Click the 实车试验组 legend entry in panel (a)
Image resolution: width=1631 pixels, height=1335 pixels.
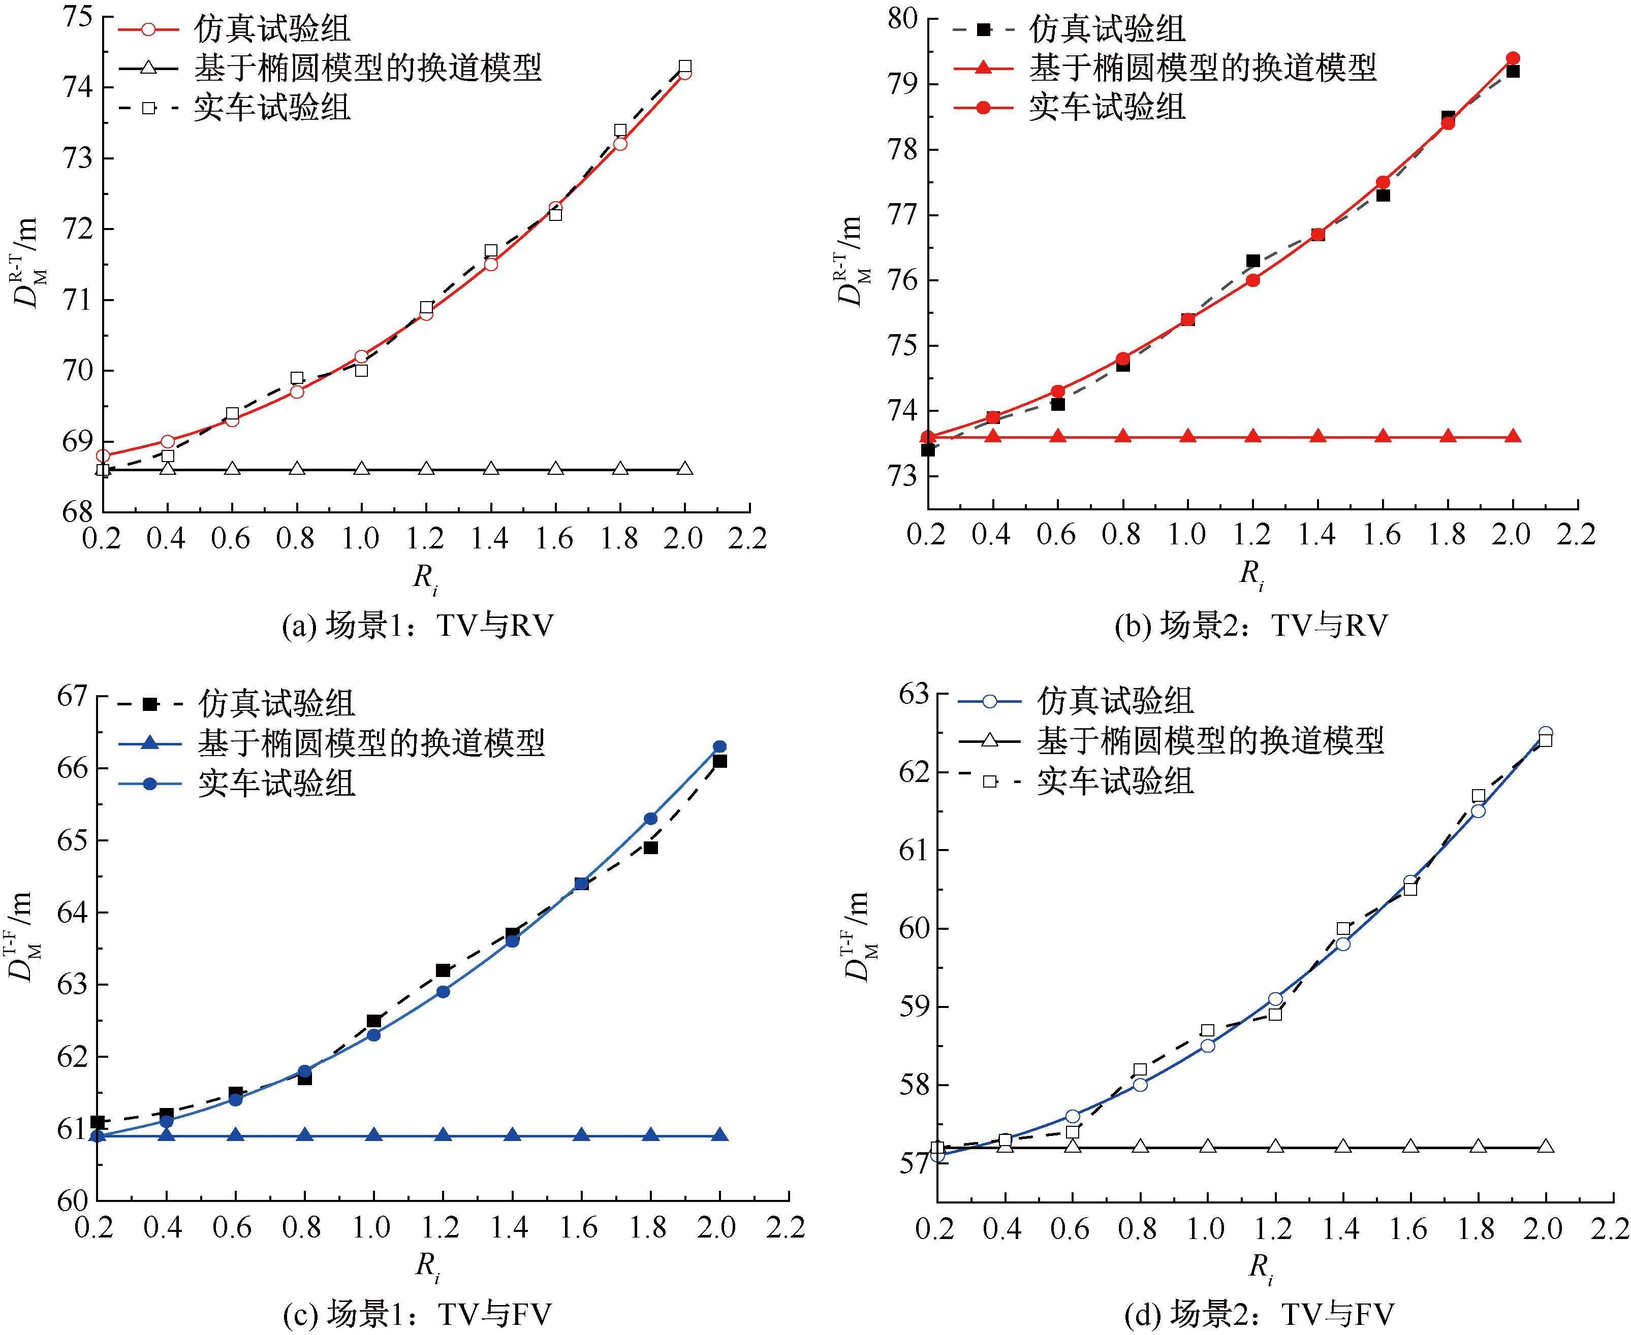click(235, 108)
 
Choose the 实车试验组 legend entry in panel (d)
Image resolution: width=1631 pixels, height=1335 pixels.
click(1076, 782)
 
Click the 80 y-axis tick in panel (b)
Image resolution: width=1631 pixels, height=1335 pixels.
click(902, 18)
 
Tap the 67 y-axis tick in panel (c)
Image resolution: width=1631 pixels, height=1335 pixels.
click(72, 696)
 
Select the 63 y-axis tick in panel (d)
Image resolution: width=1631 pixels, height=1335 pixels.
click(914, 694)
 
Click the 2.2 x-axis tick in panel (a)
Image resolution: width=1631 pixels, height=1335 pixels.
click(748, 538)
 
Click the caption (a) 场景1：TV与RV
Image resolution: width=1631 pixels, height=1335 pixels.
click(418, 626)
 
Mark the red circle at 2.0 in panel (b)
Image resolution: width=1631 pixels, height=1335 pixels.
click(1513, 58)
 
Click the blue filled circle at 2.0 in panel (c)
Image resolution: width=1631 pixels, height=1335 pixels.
click(719, 746)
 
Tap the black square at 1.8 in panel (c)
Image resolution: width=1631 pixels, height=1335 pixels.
click(650, 848)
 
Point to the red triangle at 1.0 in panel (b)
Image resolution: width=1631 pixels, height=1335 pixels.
click(1188, 436)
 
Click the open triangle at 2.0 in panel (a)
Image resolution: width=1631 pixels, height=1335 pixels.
click(685, 468)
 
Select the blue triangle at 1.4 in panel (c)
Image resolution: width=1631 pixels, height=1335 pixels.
click(512, 1134)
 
